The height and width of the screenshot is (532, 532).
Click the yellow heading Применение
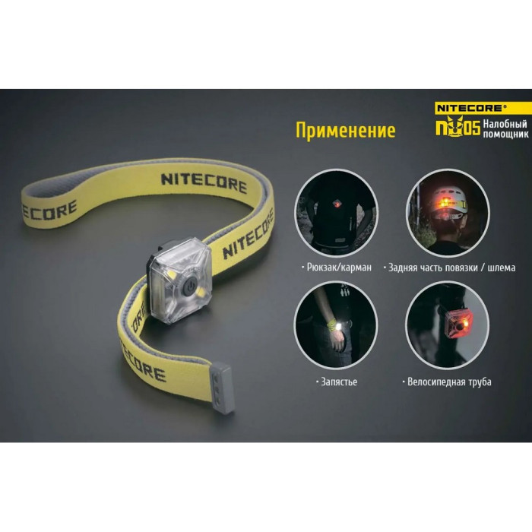[x=346, y=130]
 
